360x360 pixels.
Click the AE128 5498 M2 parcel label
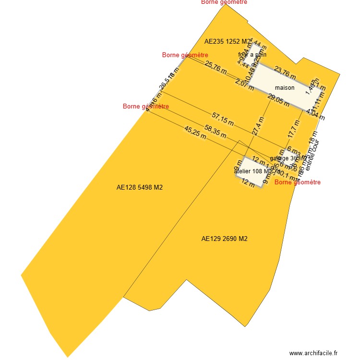pyautogui.click(x=140, y=188)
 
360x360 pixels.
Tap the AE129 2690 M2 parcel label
pyautogui.click(x=224, y=239)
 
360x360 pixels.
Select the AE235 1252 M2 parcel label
pyautogui.click(x=228, y=42)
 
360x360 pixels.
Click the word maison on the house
pyautogui.click(x=285, y=88)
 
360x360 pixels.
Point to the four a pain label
pyautogui.click(x=252, y=55)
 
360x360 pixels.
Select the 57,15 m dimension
pyautogui.click(x=223, y=119)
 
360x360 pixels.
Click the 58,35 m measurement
pyautogui.click(x=216, y=132)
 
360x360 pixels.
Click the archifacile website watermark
pyautogui.click(x=314, y=353)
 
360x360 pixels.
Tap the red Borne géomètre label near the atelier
pyautogui.click(x=297, y=182)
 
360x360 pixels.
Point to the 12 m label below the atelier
pyautogui.click(x=248, y=182)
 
